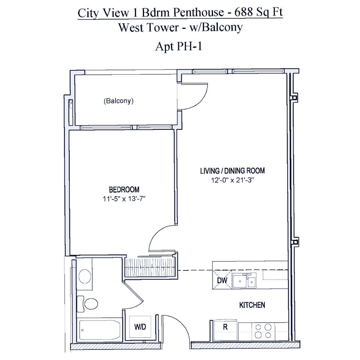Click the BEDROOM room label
coord(124,189)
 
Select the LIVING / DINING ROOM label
coord(232,171)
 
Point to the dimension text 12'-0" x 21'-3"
coord(232,180)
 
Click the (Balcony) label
coord(118,101)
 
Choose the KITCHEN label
coord(252,305)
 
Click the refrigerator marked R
coord(225,327)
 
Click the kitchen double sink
coord(244,281)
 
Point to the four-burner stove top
coord(263,331)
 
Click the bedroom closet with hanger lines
coord(150,265)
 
